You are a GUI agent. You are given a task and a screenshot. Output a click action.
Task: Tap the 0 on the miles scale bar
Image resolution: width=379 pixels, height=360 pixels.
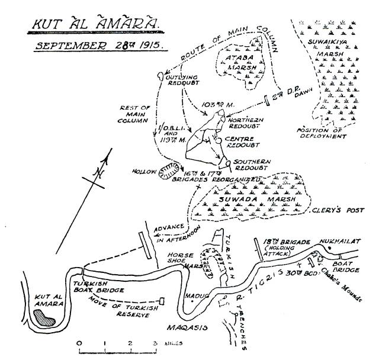pyautogui.click(x=79, y=343)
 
